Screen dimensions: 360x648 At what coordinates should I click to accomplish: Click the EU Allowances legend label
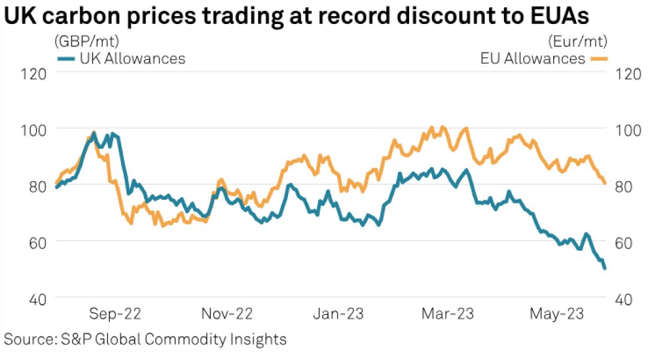point(533,58)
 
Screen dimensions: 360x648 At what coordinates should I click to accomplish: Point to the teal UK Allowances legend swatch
point(65,58)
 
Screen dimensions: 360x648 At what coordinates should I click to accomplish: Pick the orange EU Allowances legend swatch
point(598,58)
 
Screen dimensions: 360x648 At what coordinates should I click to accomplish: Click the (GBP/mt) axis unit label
point(86,41)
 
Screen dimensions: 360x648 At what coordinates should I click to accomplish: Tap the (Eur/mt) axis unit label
point(578,41)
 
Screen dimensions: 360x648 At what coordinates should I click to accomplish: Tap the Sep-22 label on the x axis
point(116,314)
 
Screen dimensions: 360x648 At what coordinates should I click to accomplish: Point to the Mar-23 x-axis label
point(448,314)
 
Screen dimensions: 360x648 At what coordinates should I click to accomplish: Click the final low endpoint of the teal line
point(604,268)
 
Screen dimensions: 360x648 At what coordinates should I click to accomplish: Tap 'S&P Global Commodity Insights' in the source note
point(174,339)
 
